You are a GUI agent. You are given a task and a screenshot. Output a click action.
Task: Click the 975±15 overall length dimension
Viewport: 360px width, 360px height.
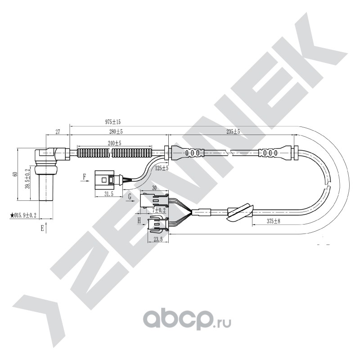(x=113, y=121)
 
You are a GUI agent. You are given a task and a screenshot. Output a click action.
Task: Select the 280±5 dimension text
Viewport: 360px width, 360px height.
(x=116, y=132)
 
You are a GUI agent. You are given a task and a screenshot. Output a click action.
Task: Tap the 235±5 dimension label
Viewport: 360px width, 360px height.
(x=233, y=132)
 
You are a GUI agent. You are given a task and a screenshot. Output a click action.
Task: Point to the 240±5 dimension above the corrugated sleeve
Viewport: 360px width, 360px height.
(x=115, y=143)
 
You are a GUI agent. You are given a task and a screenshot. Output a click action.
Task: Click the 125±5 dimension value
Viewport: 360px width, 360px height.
(x=162, y=168)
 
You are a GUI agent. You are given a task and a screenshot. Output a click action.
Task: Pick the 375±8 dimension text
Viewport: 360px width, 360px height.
(x=274, y=221)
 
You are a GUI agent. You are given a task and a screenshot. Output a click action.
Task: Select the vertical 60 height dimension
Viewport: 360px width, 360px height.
(x=15, y=174)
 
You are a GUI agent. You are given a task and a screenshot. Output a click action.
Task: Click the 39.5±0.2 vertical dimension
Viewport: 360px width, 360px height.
(x=28, y=179)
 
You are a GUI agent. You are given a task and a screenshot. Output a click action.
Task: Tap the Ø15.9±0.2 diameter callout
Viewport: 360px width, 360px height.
(x=23, y=216)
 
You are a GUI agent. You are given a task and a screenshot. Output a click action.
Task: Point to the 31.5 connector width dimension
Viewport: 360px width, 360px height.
(x=109, y=194)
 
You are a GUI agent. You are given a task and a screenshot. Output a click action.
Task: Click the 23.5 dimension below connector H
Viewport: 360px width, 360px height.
(x=158, y=239)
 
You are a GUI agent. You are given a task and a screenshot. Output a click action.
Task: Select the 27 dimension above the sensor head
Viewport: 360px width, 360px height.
(x=58, y=132)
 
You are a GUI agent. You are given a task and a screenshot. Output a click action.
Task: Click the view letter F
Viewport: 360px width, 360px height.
(x=85, y=177)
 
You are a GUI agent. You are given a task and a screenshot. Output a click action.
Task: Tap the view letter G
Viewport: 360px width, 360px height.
(x=130, y=197)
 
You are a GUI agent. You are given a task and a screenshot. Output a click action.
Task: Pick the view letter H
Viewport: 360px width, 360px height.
(x=139, y=220)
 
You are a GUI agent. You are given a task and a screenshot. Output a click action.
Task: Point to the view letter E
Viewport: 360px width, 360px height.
(x=42, y=228)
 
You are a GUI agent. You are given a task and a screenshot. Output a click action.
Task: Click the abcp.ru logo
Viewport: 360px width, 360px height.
(x=187, y=320)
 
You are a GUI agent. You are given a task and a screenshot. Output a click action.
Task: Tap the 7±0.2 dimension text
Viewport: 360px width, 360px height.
(x=159, y=210)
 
